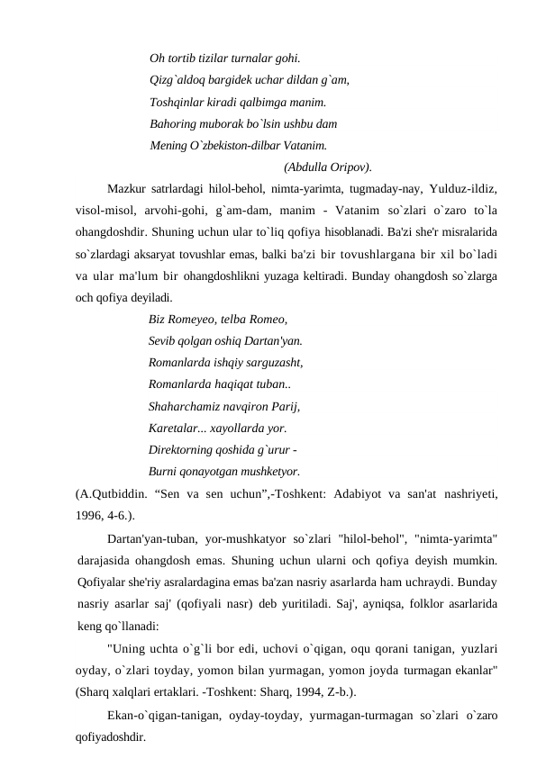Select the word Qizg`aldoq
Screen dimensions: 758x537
point(180,80)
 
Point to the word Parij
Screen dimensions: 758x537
point(283,405)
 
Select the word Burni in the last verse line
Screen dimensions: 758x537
point(165,470)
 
